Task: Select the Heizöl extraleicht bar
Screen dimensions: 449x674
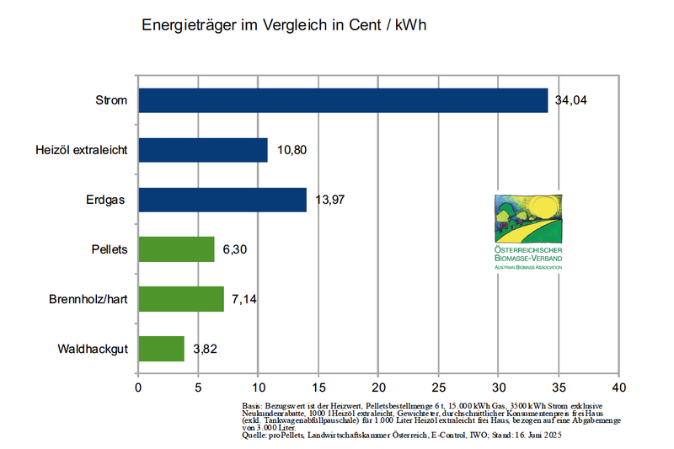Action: (x=203, y=150)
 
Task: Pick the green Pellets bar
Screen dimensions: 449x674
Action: (x=176, y=249)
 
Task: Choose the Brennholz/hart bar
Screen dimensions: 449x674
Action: (x=181, y=299)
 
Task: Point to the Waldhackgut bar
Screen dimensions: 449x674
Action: (x=161, y=349)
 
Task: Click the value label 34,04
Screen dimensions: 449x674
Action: (x=570, y=101)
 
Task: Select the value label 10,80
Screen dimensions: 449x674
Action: (x=291, y=151)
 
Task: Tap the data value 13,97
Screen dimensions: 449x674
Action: (x=329, y=200)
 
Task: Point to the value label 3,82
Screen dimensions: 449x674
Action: (x=206, y=349)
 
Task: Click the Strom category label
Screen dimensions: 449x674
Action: (x=111, y=101)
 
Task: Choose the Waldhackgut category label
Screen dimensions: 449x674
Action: (x=93, y=349)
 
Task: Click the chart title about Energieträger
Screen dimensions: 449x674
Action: (x=284, y=24)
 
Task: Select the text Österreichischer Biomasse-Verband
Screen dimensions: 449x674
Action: (x=529, y=254)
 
